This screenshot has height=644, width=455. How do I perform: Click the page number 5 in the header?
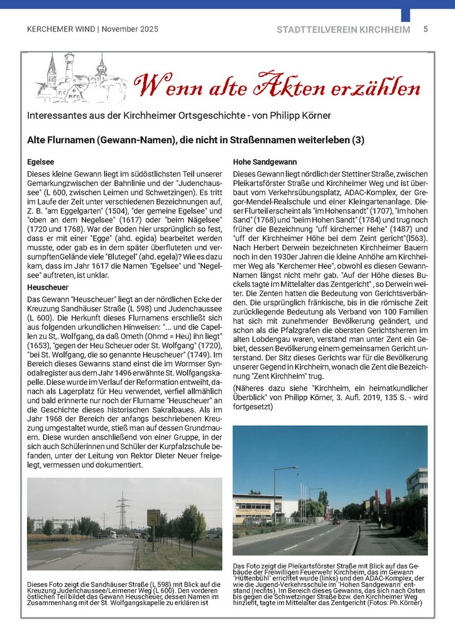(425, 29)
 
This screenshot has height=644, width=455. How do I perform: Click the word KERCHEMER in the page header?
(48, 30)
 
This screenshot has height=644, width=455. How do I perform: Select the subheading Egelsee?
(41, 161)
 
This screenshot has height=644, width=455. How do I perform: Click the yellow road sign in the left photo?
(153, 518)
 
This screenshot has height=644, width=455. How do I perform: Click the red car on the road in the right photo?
(336, 521)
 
